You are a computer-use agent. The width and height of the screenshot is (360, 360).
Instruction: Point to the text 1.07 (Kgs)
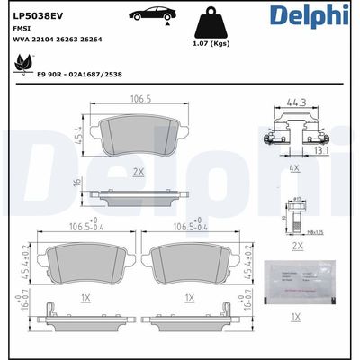tap(210, 43)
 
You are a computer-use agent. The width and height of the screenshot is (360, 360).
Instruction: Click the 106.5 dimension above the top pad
tap(139, 99)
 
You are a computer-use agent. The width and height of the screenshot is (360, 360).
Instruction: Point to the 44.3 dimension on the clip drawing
tap(292, 103)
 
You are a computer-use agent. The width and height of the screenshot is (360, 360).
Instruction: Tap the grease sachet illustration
tap(300, 280)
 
